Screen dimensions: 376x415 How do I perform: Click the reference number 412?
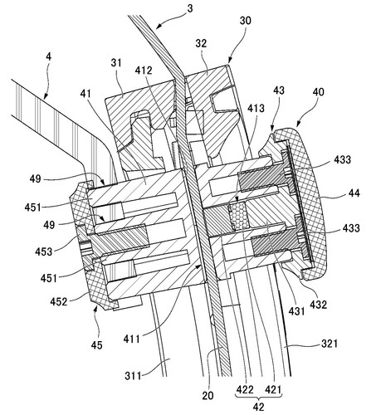(x=144, y=71)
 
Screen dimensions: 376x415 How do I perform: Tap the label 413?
(x=256, y=108)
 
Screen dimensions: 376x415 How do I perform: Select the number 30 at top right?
(x=245, y=21)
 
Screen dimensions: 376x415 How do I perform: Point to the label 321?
(x=330, y=344)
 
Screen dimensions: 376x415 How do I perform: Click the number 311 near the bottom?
(x=133, y=376)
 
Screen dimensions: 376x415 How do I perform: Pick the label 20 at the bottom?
(x=208, y=395)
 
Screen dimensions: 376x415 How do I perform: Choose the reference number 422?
(x=245, y=389)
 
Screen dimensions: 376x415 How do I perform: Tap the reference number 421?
(x=273, y=389)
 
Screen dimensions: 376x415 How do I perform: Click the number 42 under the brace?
(x=258, y=407)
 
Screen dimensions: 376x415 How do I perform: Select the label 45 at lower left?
(x=96, y=345)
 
